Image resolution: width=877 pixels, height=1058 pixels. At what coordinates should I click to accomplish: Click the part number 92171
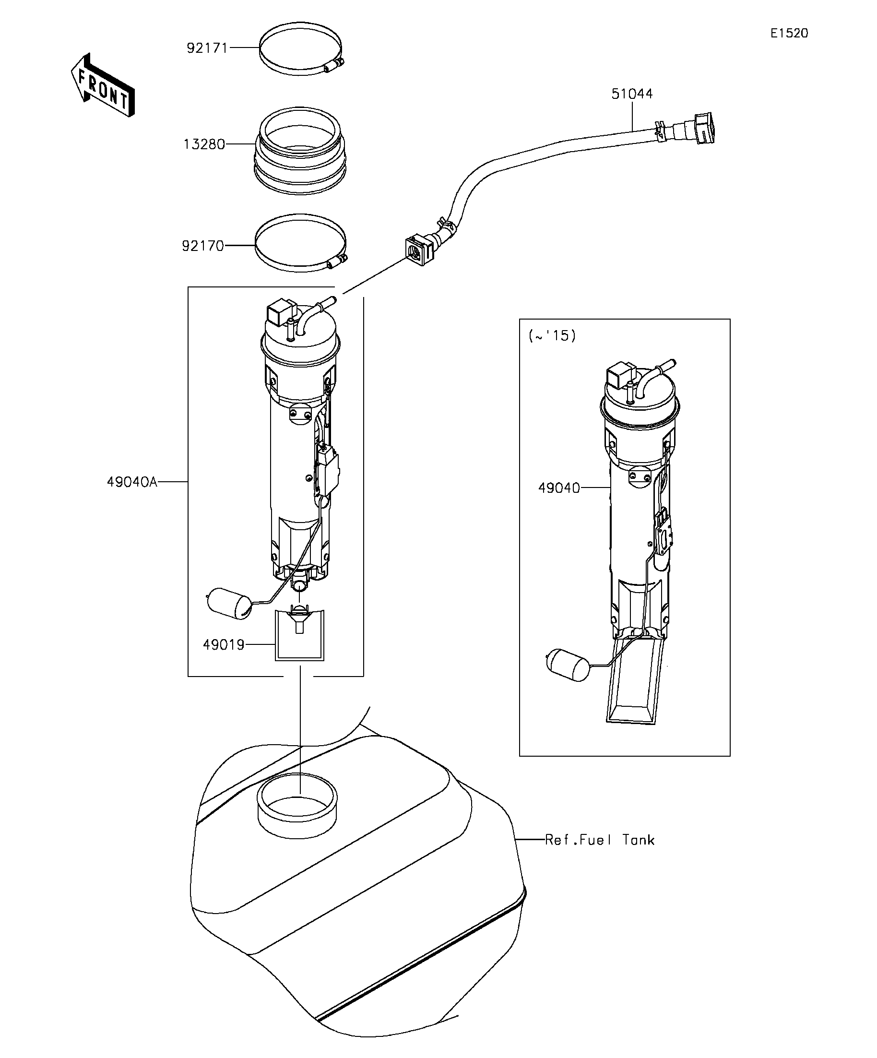(207, 48)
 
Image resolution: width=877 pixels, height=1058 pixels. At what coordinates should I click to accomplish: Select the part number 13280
(203, 144)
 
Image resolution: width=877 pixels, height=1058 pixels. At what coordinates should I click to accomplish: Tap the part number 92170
(202, 246)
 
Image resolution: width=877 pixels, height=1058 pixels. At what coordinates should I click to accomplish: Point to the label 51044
(632, 94)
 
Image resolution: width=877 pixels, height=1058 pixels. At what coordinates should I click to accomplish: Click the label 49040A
(132, 482)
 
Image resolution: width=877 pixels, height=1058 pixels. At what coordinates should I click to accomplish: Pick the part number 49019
(223, 644)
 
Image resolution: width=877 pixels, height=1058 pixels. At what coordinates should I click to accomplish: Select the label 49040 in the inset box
(559, 487)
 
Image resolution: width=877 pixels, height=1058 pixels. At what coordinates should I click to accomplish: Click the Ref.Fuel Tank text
(599, 840)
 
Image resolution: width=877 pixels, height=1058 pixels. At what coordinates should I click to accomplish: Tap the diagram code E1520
(789, 33)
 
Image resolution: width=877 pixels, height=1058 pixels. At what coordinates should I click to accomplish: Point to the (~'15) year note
(552, 335)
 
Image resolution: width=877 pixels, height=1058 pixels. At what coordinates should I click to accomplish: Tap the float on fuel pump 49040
(567, 665)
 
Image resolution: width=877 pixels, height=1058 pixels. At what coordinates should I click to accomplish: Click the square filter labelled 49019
(299, 635)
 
